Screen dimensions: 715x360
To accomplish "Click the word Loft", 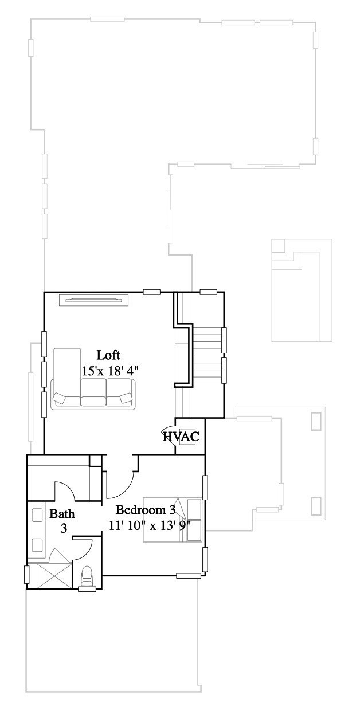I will click(x=108, y=354).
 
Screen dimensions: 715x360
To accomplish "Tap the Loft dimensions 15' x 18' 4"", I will click(x=111, y=371).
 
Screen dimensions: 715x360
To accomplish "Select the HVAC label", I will click(x=181, y=437).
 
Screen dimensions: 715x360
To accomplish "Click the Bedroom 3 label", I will click(x=145, y=510).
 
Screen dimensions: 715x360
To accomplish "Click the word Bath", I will click(x=61, y=513).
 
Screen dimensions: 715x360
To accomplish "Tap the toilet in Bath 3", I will click(x=87, y=575).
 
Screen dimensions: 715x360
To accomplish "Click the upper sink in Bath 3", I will click(x=38, y=515).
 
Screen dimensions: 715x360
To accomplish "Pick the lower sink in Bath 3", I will click(x=38, y=544).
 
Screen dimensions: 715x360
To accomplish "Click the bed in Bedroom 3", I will click(x=172, y=519).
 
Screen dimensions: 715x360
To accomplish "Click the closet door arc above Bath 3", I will click(x=64, y=490).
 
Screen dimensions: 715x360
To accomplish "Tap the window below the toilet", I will click(x=87, y=589).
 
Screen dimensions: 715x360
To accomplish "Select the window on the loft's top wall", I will click(x=151, y=292).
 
